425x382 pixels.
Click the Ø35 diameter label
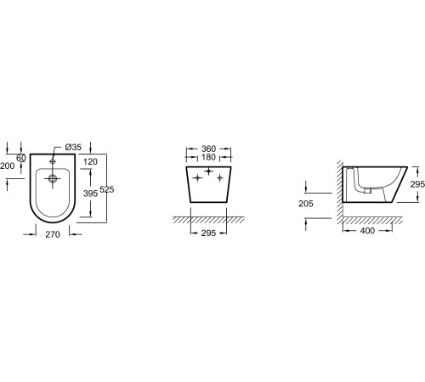coord(73,147)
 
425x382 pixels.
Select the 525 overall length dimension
coord(107,189)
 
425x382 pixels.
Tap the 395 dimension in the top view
coord(90,194)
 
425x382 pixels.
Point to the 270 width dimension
coord(53,234)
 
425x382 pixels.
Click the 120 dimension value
coord(90,161)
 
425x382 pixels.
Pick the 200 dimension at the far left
coord(7,166)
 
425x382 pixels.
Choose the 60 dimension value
coord(21,158)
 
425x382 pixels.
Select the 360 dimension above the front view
coord(208,149)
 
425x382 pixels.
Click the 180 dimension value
coord(208,157)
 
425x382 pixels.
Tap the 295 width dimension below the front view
coord(208,233)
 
